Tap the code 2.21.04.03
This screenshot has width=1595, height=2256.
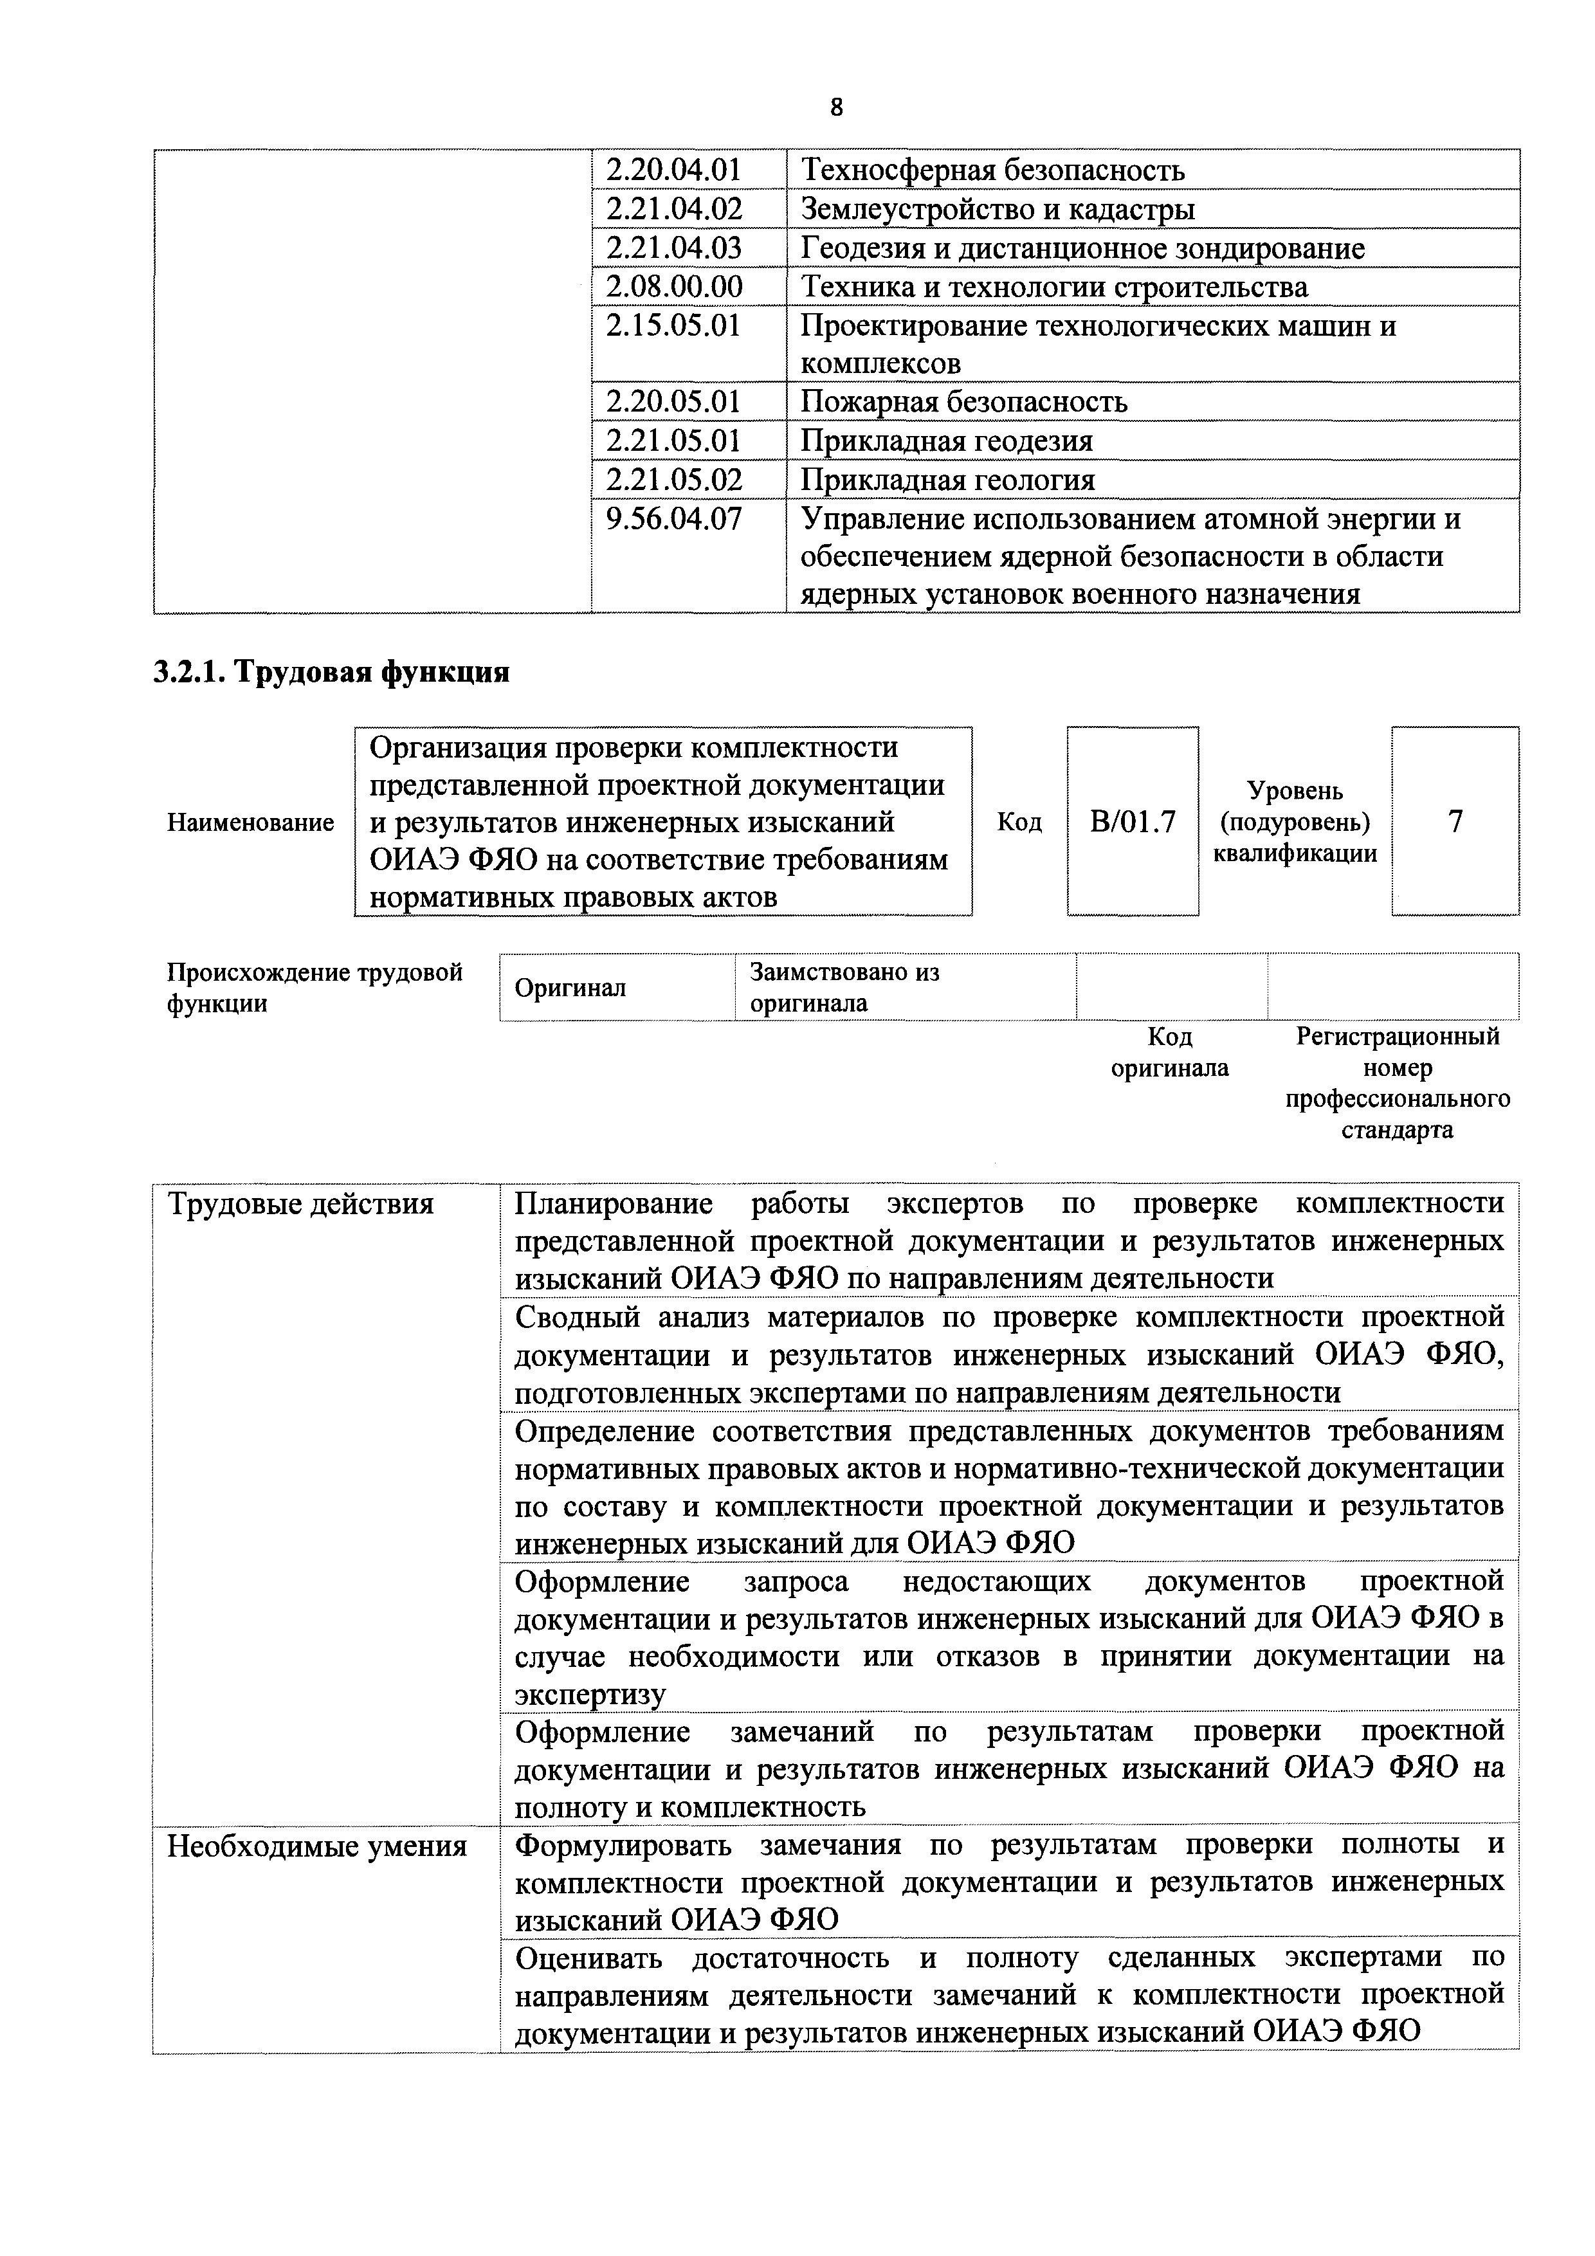[673, 248]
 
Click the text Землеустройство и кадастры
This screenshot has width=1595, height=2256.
[998, 209]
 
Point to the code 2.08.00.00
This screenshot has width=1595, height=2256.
[674, 287]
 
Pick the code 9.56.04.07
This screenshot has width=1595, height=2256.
[674, 519]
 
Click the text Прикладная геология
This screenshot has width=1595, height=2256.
[947, 480]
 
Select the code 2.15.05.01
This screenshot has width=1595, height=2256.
[673, 325]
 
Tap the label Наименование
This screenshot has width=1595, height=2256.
[251, 821]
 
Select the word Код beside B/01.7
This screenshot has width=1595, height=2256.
[1019, 821]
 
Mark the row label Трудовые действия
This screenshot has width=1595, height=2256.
[301, 1205]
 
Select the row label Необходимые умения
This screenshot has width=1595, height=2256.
[316, 1847]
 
